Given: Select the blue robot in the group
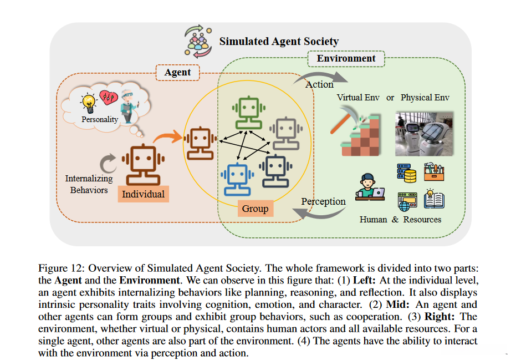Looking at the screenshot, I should (236, 178).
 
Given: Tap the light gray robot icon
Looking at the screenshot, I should (284, 133).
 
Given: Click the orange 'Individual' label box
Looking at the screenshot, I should (143, 194).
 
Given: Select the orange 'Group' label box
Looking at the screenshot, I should (255, 209).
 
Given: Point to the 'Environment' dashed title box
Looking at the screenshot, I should (346, 58).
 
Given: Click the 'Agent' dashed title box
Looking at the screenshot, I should (177, 72).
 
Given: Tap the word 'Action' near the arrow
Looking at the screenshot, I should (319, 84).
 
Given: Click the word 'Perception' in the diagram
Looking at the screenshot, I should (323, 201).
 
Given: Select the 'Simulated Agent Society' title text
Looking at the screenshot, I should (279, 42).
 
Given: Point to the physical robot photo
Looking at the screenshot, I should (423, 134).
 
